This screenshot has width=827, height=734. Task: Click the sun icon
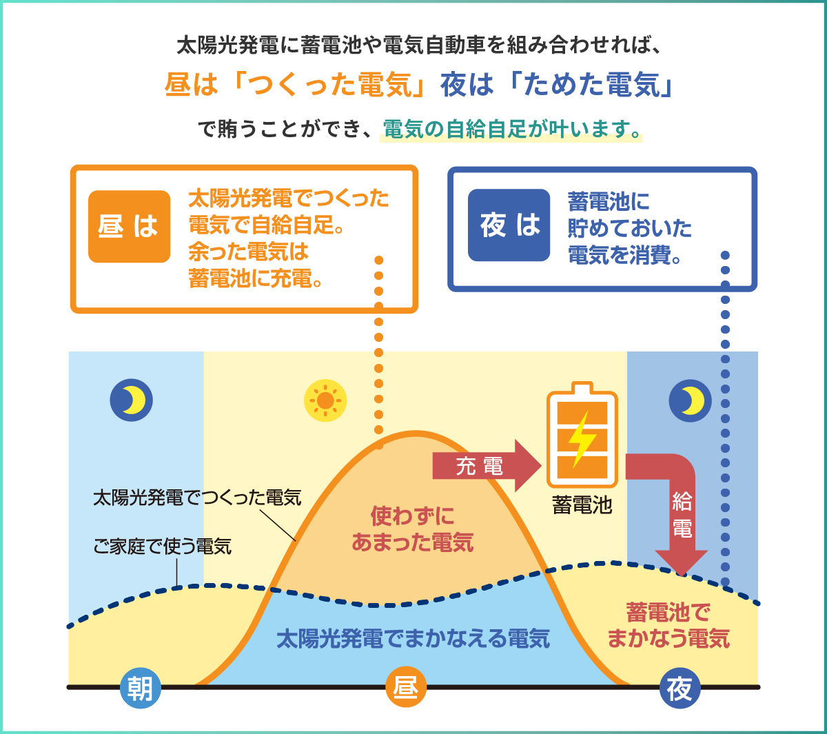(x=325, y=400)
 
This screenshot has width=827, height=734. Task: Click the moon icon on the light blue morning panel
(x=132, y=400)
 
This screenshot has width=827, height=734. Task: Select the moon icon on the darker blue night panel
(x=690, y=400)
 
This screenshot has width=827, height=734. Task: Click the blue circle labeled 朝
(x=141, y=688)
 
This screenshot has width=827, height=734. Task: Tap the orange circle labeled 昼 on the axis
(x=406, y=687)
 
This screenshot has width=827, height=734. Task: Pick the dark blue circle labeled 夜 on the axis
(x=680, y=688)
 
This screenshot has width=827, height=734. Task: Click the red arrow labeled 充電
(x=487, y=466)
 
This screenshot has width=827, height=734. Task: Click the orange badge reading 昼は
(x=129, y=226)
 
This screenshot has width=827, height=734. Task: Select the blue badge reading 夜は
(x=509, y=225)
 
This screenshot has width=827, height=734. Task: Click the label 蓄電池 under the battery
(x=582, y=505)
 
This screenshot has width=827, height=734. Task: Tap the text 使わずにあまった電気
(x=412, y=529)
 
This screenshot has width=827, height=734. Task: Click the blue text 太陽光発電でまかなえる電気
(x=413, y=638)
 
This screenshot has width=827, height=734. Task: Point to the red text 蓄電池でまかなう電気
(x=668, y=625)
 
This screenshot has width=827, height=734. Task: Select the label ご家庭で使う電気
(x=163, y=547)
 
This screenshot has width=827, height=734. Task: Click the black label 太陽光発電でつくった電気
(x=197, y=498)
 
